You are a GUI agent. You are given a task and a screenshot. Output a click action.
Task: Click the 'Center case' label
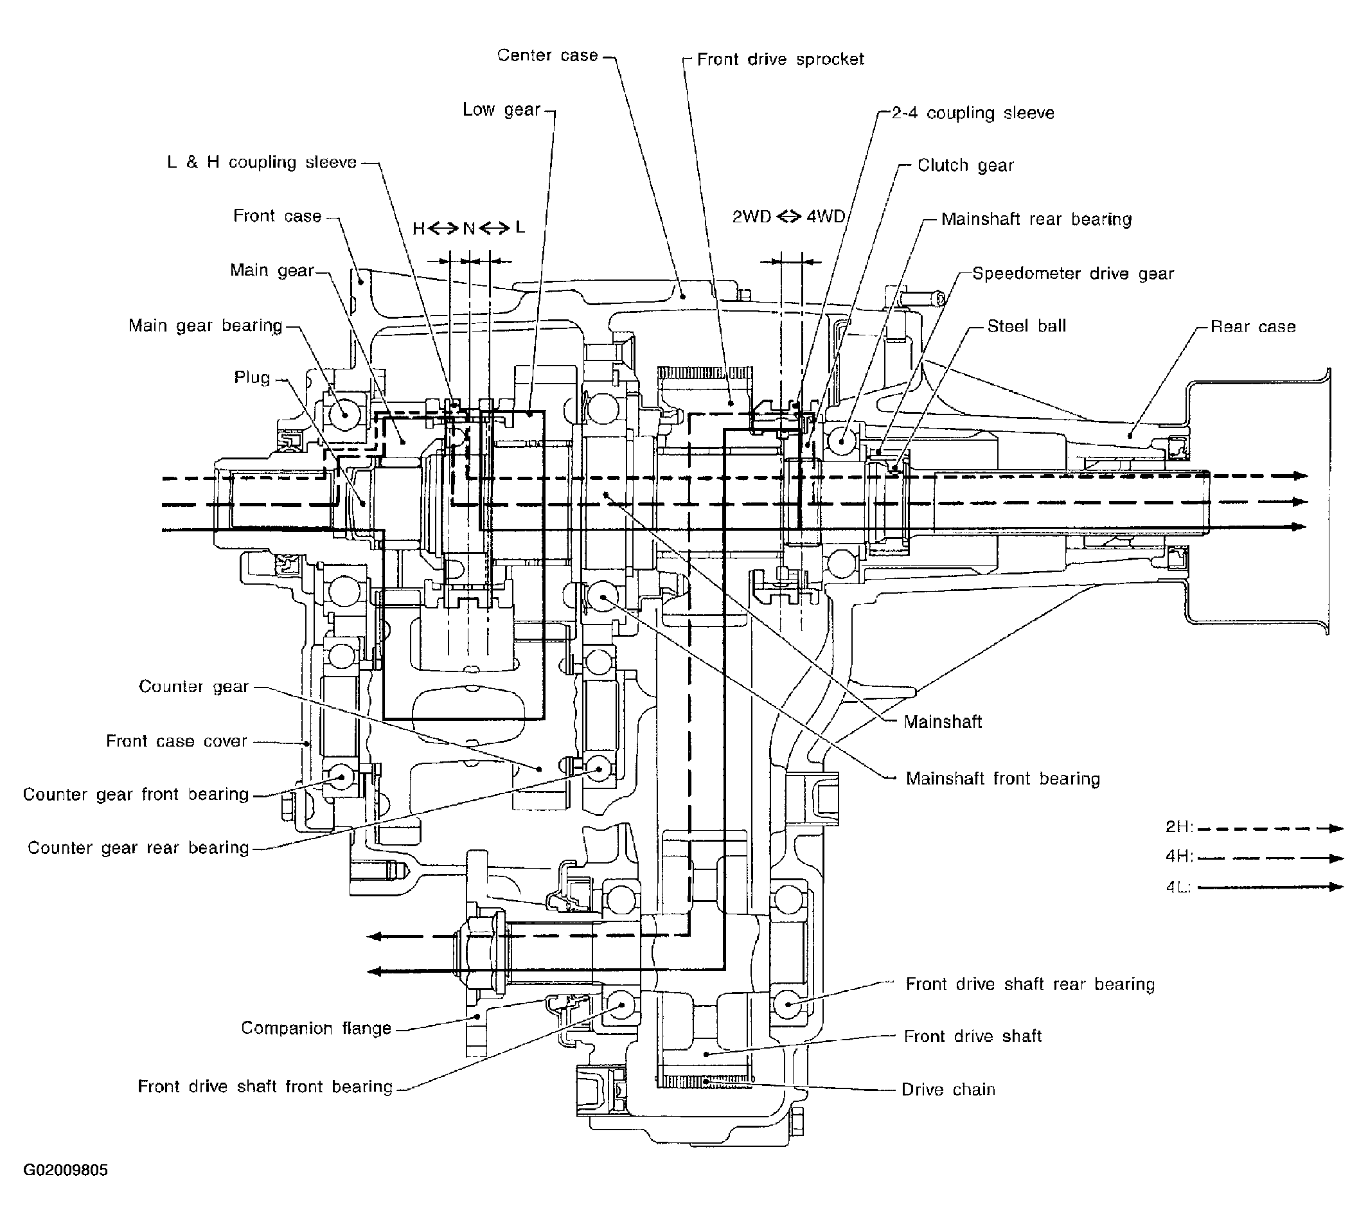(547, 55)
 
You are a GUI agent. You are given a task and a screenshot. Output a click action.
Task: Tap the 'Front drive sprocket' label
(780, 60)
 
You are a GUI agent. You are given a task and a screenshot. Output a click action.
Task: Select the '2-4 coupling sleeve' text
(973, 113)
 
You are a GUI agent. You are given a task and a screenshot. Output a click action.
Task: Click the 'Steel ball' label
(1026, 326)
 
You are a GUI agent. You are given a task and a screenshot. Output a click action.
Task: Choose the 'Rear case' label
(1253, 327)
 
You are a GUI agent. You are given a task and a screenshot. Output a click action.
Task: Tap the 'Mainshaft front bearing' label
(1003, 779)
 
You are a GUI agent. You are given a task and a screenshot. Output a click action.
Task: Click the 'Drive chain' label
(948, 1090)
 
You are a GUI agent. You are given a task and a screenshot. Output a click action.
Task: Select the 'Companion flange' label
(316, 1028)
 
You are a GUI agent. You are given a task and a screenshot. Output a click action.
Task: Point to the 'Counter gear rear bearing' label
(139, 848)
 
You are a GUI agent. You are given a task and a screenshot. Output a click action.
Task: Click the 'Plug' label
(253, 378)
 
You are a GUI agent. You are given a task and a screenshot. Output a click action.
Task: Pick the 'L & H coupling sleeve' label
(262, 163)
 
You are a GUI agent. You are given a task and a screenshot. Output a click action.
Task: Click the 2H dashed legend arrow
(1270, 829)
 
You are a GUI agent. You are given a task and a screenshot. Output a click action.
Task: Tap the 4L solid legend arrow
(1270, 887)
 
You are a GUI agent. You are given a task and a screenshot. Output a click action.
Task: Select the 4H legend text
(1179, 857)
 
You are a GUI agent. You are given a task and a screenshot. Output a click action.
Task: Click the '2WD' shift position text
(751, 217)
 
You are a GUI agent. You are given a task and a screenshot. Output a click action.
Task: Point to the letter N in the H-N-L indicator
(469, 229)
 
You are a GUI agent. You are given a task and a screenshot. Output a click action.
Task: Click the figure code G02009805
(66, 1171)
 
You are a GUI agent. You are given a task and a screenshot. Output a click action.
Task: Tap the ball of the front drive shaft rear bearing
(788, 1004)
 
